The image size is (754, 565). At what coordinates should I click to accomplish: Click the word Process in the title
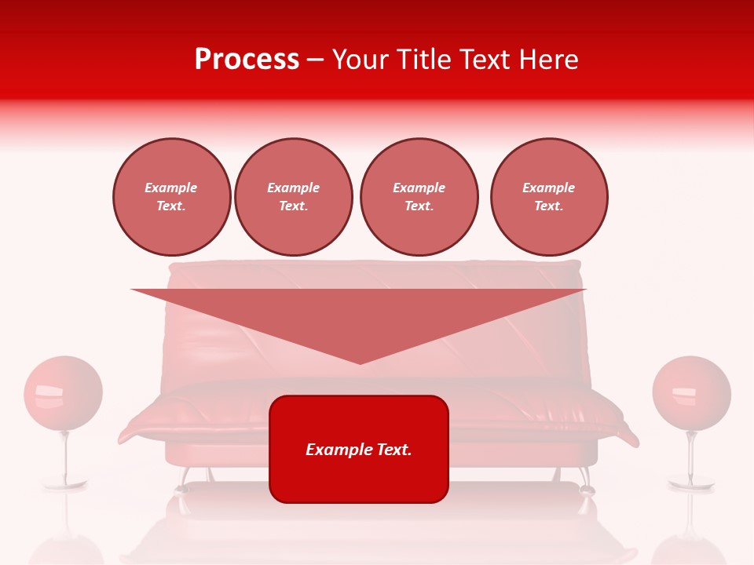coord(247,60)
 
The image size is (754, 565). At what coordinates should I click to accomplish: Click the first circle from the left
coord(171,197)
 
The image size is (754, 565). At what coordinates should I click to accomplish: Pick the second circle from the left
coord(294,197)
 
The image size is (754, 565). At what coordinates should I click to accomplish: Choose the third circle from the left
coord(419,197)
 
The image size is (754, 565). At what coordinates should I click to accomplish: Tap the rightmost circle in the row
coord(549,197)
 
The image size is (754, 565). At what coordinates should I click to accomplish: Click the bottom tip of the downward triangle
coord(360,362)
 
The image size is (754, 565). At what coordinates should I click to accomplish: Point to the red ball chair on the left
coord(63,393)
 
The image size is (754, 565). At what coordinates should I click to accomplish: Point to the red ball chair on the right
coord(691,393)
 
